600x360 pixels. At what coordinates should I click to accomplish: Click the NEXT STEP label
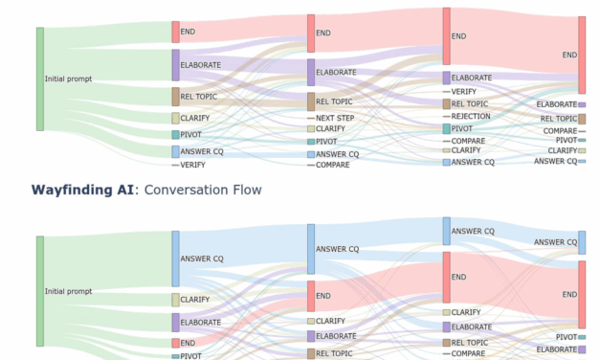(x=335, y=117)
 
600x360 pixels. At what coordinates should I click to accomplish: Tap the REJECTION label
(x=470, y=116)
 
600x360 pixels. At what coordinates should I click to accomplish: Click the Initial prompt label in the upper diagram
(x=68, y=79)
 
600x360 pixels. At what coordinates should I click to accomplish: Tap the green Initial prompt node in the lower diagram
(x=40, y=290)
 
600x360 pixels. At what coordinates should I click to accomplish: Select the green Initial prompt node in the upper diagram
(x=40, y=79)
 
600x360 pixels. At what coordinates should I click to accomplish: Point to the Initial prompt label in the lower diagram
(x=68, y=290)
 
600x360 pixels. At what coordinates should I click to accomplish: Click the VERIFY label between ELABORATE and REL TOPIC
(x=464, y=91)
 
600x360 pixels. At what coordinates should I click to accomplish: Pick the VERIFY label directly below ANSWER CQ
(x=192, y=165)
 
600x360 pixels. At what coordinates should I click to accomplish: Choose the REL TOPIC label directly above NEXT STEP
(x=335, y=101)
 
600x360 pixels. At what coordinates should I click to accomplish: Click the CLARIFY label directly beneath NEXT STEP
(x=330, y=128)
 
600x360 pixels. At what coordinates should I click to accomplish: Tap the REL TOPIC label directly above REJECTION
(x=469, y=103)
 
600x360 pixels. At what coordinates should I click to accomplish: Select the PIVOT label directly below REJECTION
(x=461, y=128)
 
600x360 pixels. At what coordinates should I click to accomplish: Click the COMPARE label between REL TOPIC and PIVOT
(x=560, y=130)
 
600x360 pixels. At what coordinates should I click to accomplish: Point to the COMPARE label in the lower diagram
(x=468, y=353)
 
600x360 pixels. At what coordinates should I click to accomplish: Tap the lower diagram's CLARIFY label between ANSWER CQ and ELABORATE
(x=195, y=300)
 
